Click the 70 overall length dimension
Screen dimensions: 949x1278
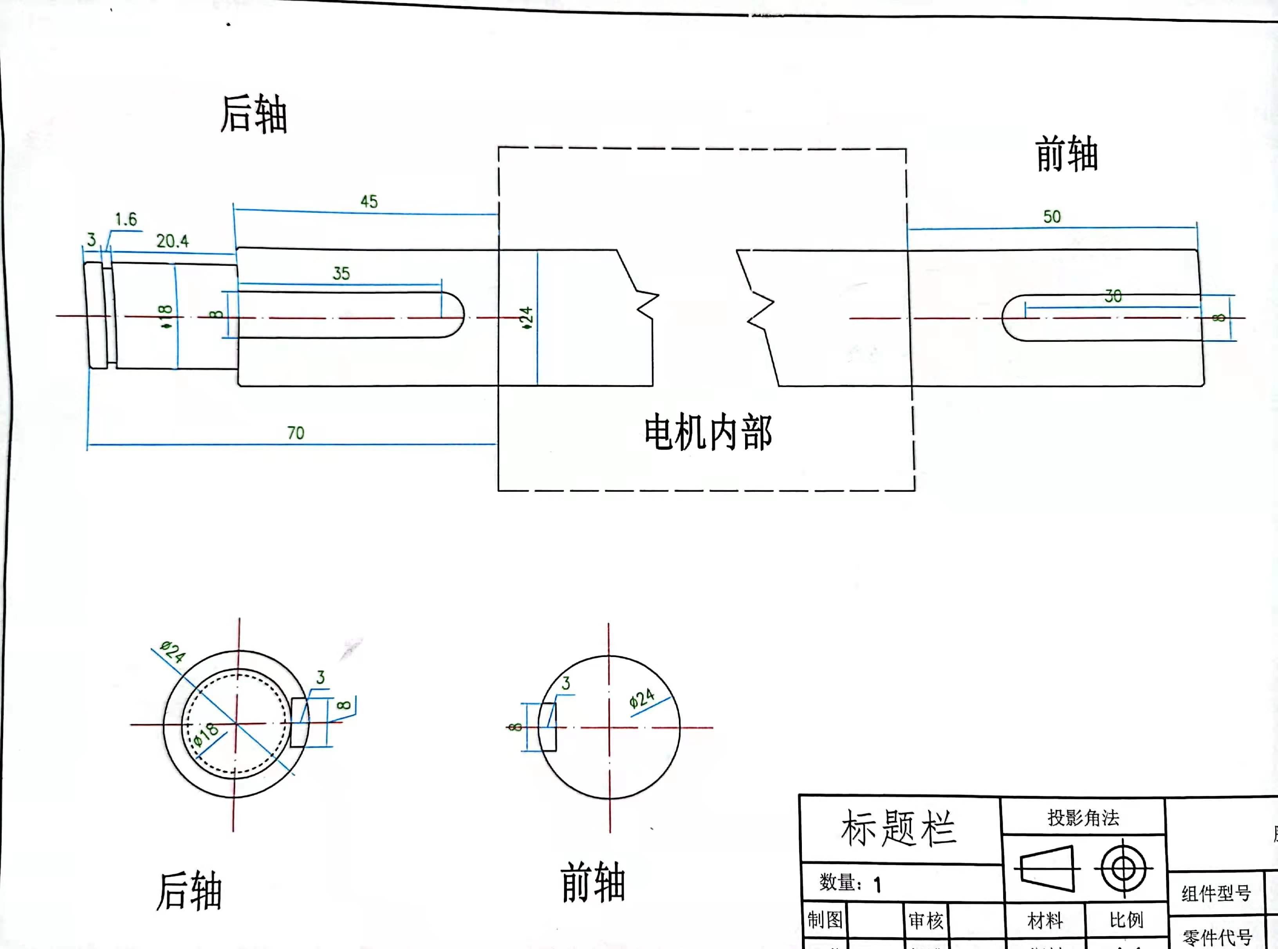295,433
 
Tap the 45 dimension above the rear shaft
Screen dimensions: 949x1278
369,202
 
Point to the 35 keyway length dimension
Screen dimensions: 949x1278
341,273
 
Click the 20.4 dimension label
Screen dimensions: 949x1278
172,241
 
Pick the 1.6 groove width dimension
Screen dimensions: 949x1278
126,220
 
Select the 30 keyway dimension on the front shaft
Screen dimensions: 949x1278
1113,296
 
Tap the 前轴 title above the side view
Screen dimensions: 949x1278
1067,154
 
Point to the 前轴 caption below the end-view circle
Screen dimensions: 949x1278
593,882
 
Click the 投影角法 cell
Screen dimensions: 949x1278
1083,817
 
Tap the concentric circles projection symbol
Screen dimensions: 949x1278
1123,869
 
